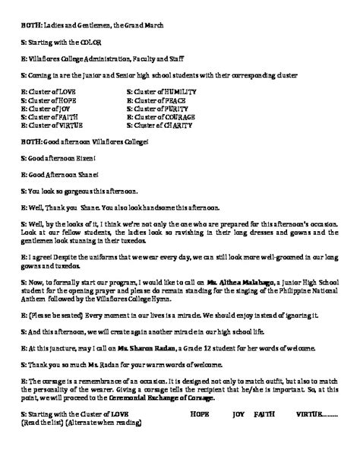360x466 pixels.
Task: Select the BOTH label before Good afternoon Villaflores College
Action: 31,141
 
